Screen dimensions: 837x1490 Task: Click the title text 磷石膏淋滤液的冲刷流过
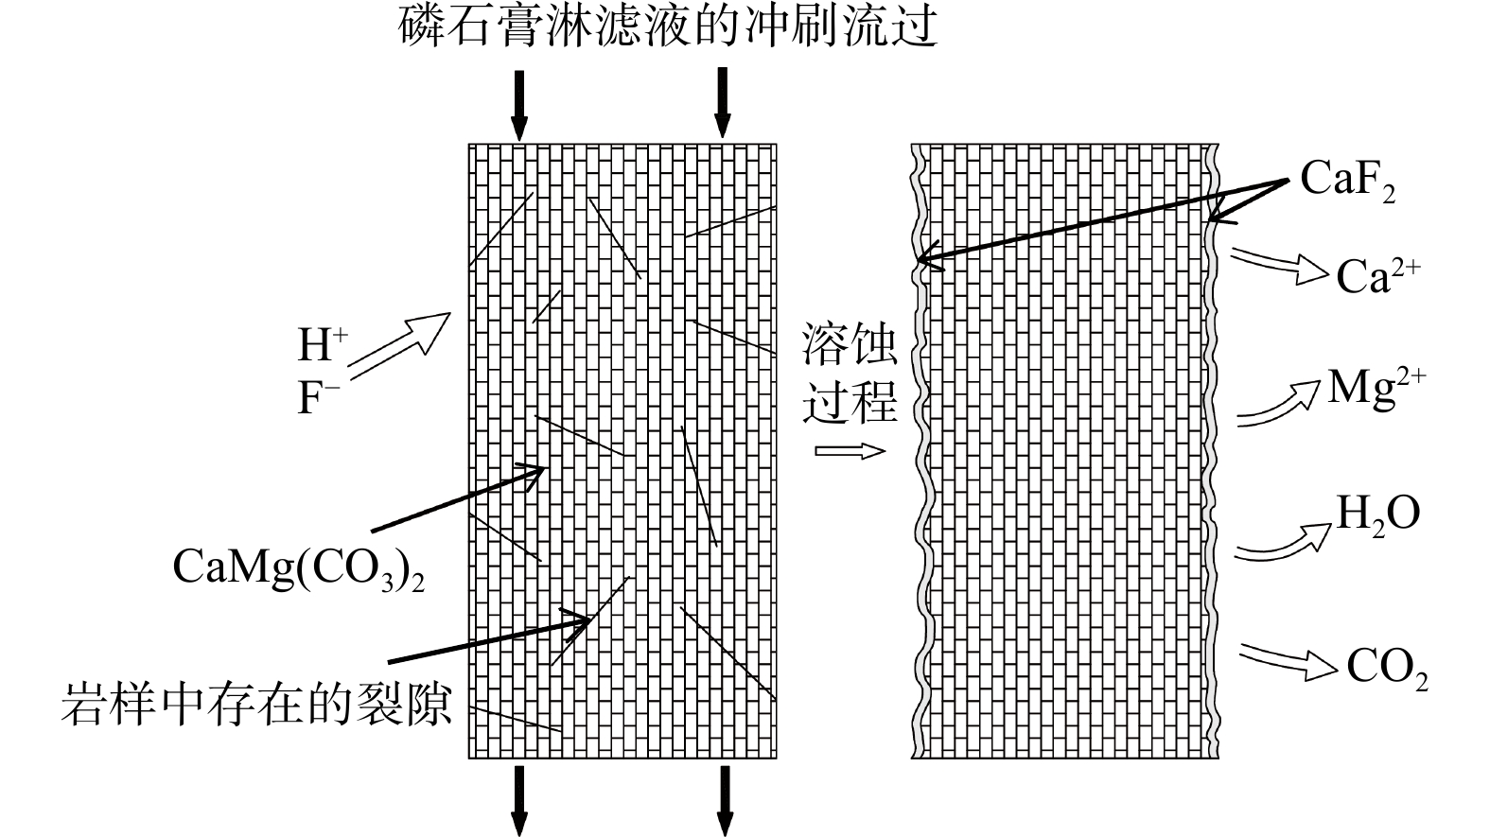[668, 26]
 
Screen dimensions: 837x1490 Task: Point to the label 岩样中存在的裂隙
[256, 705]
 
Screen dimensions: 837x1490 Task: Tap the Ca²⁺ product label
[1377, 276]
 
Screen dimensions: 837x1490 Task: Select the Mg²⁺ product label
[1376, 387]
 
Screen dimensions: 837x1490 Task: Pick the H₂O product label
[1377, 514]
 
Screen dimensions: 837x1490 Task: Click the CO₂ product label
[1386, 669]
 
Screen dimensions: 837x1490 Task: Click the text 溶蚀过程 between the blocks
[850, 375]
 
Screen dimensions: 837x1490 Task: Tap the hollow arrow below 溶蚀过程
[850, 450]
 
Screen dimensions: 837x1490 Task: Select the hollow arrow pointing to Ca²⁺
[1280, 266]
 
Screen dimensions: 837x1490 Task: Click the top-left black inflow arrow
[518, 104]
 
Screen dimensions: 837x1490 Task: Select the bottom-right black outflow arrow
[725, 799]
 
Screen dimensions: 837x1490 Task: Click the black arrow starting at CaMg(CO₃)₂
[459, 498]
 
